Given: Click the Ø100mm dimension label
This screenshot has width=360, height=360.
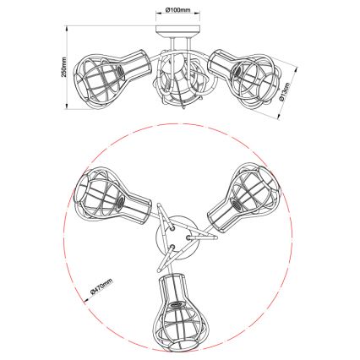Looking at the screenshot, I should tap(181, 11).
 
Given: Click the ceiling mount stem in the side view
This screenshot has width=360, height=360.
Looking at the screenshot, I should tap(181, 40).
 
